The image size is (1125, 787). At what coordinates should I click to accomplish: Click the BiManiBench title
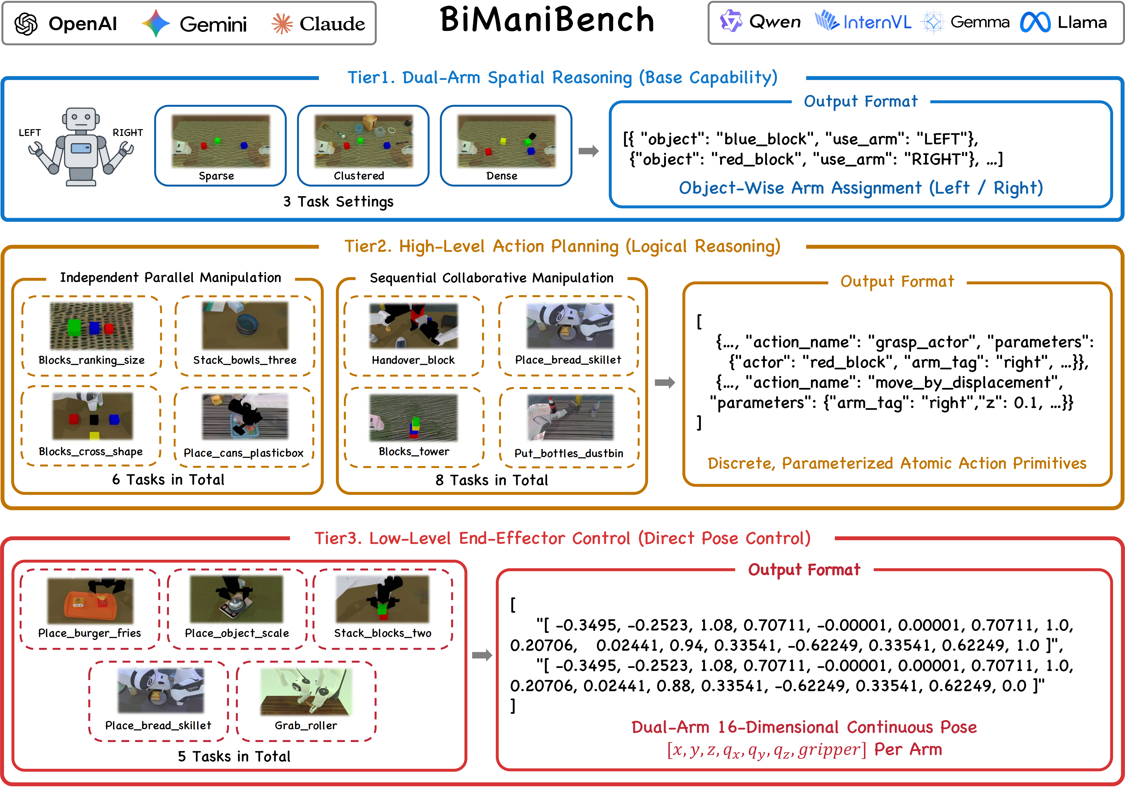547,21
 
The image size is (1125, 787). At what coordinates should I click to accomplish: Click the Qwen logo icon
731,22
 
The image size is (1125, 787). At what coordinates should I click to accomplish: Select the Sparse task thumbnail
220,141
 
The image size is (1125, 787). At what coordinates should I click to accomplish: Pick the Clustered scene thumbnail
364,141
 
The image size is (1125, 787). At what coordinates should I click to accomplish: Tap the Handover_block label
413,360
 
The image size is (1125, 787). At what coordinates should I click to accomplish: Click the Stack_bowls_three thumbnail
245,325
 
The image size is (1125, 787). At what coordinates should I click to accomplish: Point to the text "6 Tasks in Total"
168,479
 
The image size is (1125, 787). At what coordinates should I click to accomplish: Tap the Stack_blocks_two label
383,633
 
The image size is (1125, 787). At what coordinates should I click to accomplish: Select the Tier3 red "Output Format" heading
804,569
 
